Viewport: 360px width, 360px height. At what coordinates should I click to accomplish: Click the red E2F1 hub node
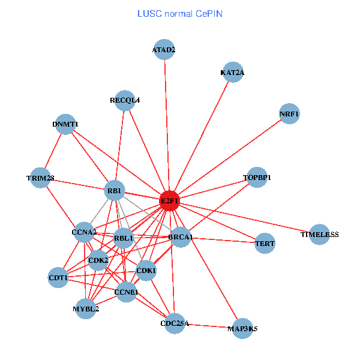click(x=170, y=201)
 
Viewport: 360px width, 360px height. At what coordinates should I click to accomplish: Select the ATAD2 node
click(x=164, y=50)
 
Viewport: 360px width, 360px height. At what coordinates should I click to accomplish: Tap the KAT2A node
click(x=232, y=73)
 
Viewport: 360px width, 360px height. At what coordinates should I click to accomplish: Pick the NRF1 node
click(x=289, y=114)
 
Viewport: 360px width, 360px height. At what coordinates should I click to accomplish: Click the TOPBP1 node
click(x=257, y=178)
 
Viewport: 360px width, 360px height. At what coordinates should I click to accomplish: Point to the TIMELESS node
click(x=319, y=234)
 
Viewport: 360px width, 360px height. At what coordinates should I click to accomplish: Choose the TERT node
click(x=265, y=243)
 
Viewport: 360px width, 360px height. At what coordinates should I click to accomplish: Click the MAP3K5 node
click(x=242, y=328)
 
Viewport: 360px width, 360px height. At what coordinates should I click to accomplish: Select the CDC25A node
click(x=175, y=323)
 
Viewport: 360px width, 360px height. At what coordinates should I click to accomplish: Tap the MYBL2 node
click(x=86, y=309)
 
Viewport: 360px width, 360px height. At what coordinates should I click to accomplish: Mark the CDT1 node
click(x=58, y=278)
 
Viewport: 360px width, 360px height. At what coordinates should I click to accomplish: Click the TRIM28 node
click(x=40, y=178)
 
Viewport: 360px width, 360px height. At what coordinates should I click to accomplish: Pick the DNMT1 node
click(x=65, y=124)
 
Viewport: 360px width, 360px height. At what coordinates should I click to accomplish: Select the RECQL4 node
click(x=125, y=100)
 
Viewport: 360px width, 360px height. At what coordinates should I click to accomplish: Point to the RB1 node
click(x=114, y=191)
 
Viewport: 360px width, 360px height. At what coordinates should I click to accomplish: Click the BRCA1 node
click(x=180, y=238)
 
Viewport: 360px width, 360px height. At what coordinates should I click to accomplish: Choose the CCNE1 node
click(x=126, y=292)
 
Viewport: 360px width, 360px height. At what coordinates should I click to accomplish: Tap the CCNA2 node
click(x=84, y=232)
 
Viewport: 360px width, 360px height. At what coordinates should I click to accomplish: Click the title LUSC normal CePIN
click(x=180, y=13)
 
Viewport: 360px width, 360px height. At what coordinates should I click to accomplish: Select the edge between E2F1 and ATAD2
click(x=166, y=126)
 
